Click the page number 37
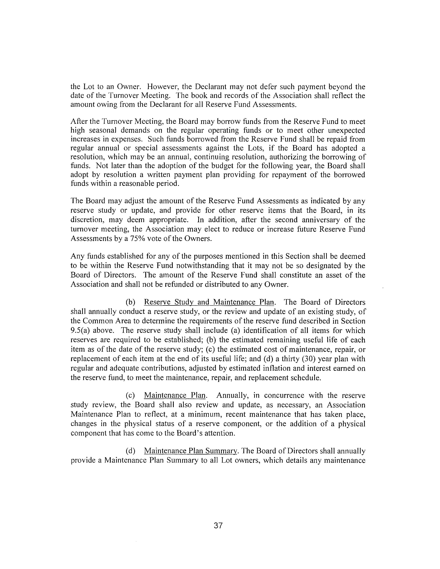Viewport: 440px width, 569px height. [218, 526]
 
